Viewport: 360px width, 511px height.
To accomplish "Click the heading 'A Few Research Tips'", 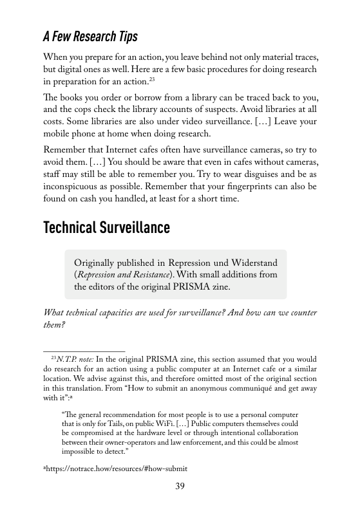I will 90,35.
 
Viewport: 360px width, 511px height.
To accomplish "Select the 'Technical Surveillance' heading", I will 106,227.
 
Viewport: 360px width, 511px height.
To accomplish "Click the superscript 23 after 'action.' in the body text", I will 152,80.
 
